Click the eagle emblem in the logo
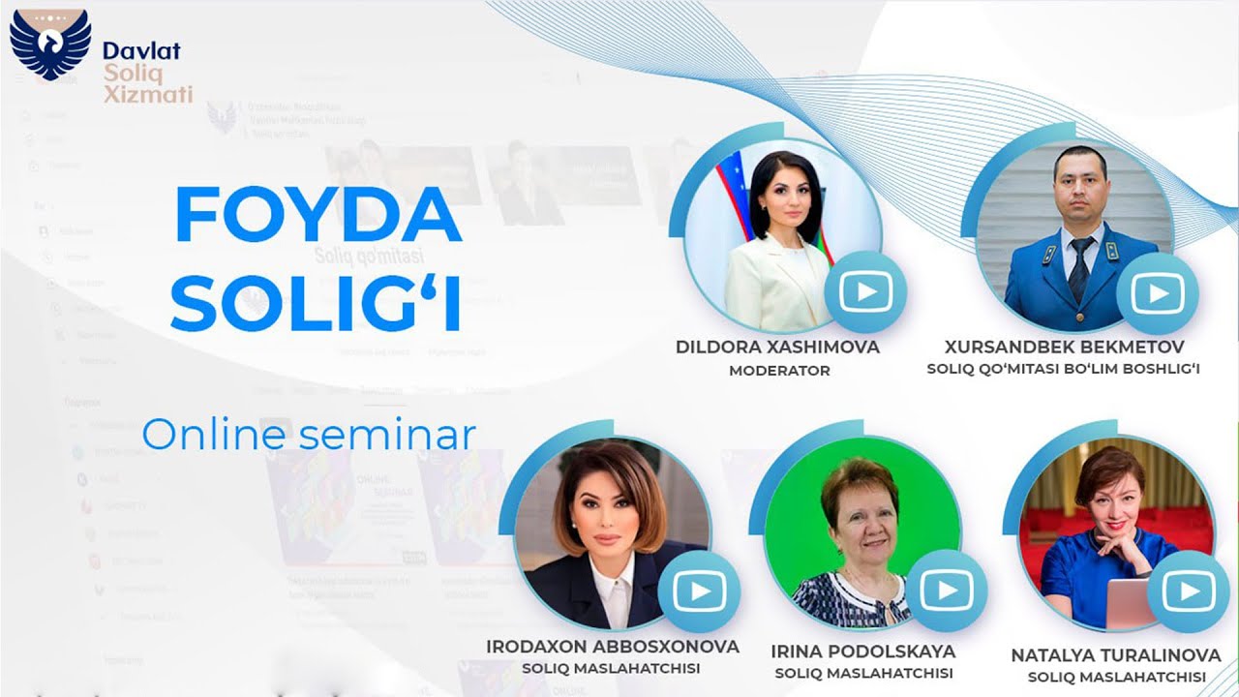(48, 45)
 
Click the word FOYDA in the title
(317, 216)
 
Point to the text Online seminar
(309, 435)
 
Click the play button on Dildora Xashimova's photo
(865, 291)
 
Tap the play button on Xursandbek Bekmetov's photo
(1157, 292)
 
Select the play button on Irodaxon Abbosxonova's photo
(699, 592)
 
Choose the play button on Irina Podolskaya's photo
(946, 590)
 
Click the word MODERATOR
(779, 371)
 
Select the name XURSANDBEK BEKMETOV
(1063, 347)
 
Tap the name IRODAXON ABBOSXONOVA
(613, 647)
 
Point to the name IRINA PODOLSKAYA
(863, 651)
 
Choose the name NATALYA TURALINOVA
(1116, 655)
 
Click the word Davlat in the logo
(141, 51)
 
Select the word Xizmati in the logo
(147, 94)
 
